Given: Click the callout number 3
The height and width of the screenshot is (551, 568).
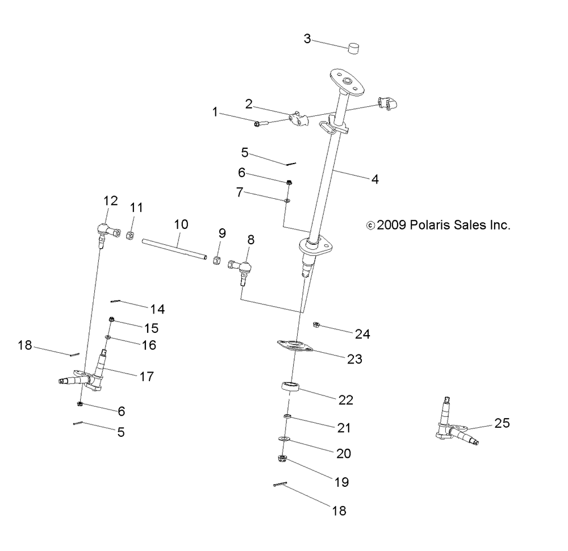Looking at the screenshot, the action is click(307, 39).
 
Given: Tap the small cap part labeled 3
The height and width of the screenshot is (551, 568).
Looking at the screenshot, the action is click(355, 48).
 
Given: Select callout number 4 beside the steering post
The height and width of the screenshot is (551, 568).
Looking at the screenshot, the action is click(374, 179).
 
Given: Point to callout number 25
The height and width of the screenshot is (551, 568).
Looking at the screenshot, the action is click(502, 423).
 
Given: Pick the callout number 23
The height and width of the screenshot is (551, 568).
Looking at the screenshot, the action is click(355, 359).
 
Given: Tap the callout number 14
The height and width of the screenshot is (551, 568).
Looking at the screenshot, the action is click(157, 309).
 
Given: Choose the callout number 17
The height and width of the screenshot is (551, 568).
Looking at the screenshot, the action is click(147, 376).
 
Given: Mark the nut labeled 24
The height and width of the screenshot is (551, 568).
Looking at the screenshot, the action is click(317, 325).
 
